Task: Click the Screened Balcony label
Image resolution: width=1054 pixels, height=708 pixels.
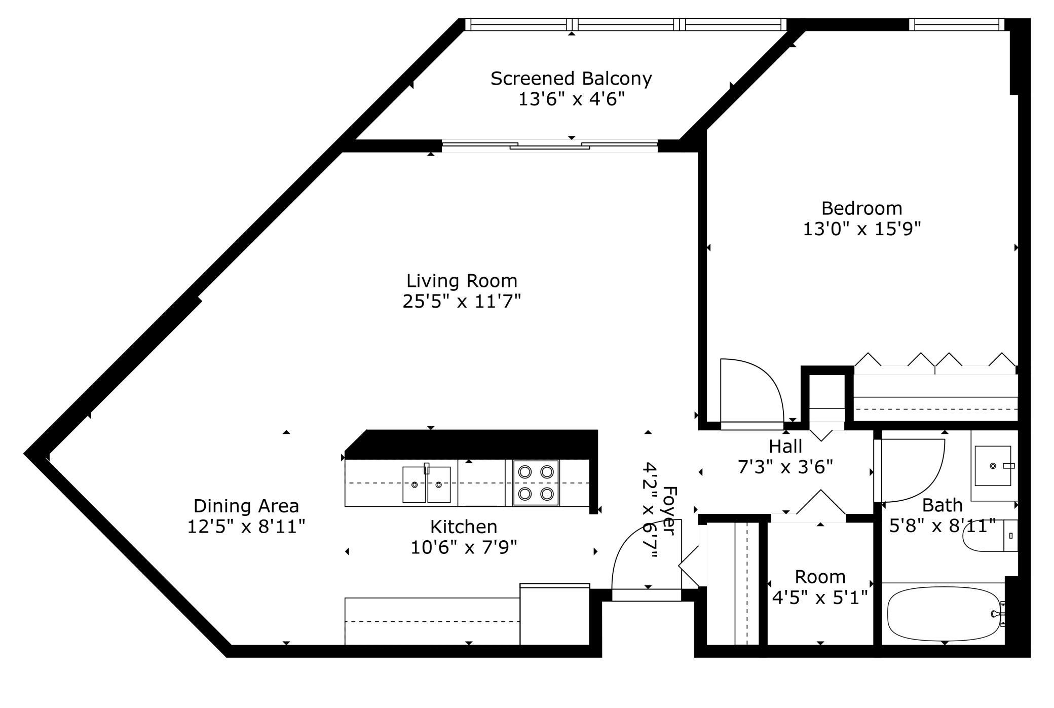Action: tap(571, 79)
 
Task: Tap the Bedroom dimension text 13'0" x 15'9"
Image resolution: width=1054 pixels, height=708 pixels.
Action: tap(861, 229)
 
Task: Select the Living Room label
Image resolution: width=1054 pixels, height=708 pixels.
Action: tap(462, 281)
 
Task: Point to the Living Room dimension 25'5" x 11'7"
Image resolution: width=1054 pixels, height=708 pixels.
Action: tap(462, 302)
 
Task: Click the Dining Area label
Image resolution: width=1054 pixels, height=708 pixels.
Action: tap(246, 506)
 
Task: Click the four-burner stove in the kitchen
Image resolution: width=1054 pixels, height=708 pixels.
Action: tap(536, 482)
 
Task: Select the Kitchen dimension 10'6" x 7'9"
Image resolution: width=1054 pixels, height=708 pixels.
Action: tap(464, 547)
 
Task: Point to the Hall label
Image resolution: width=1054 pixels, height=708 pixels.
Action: tap(785, 446)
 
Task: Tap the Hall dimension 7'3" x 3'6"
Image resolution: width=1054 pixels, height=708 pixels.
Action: tap(785, 467)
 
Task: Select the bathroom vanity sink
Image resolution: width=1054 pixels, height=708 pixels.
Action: tap(993, 465)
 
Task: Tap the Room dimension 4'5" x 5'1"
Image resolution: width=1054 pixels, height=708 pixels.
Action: tap(820, 598)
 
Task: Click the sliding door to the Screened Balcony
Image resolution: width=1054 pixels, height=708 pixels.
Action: tap(550, 146)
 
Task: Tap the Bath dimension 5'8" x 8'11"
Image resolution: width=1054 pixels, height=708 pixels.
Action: tap(943, 526)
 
